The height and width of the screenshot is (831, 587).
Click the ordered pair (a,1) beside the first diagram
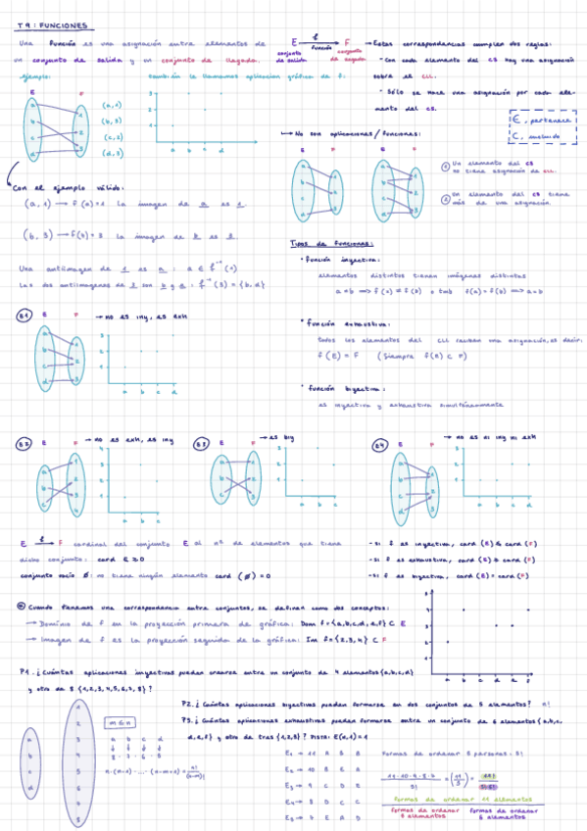[x=112, y=105]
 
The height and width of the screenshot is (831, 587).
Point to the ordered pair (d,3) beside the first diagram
[x=112, y=153]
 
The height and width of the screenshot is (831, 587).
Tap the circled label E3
[x=201, y=444]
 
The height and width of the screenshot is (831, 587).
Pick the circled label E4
[x=381, y=444]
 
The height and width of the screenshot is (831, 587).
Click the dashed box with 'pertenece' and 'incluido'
[x=543, y=127]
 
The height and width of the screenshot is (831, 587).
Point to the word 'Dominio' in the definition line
[x=54, y=624]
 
